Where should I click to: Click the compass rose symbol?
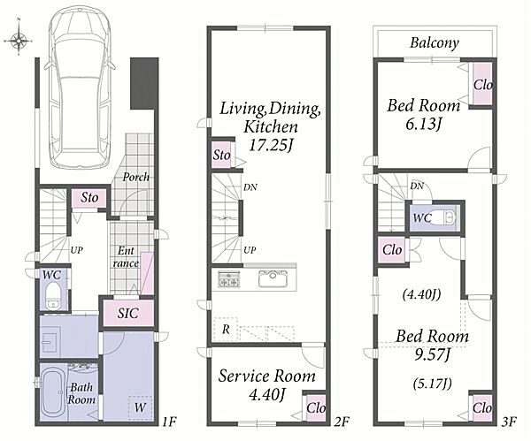[19, 41]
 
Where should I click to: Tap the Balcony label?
[435, 43]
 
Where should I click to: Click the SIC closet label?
[128, 313]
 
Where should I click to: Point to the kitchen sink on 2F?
[273, 279]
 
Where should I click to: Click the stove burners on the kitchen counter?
[229, 279]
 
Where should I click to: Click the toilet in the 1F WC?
[53, 296]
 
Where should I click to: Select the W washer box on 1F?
[140, 407]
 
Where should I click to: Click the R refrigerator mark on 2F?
[225, 329]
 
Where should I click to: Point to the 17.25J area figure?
[271, 146]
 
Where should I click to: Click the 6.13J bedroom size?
[423, 125]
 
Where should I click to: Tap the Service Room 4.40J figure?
[267, 395]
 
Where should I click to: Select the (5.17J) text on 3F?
[433, 384]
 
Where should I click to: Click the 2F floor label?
[342, 422]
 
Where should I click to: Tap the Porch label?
[135, 177]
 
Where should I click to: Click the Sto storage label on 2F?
[222, 156]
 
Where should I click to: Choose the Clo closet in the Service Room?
[316, 407]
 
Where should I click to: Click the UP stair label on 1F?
[77, 250]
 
